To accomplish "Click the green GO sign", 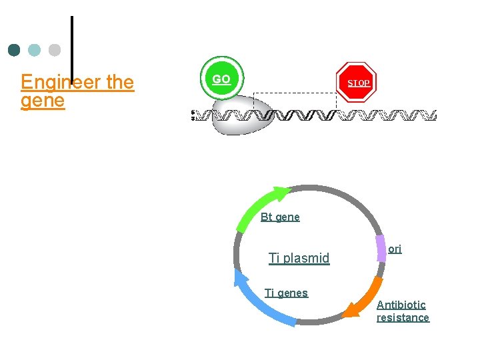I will point(221,79).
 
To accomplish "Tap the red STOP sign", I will point(357,83).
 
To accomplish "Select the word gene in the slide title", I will point(43,101).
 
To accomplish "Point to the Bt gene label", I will point(280,217).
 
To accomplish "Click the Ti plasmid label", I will point(299,258).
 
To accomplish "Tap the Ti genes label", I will point(286,293).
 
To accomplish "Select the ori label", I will point(395,249).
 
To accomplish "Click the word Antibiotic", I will point(401,305).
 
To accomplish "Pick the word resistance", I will point(403,317).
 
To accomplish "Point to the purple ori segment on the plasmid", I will point(380,247).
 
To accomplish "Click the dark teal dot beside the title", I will point(15,50).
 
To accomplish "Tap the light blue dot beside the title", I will point(35,50).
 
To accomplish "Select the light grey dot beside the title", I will point(55,50).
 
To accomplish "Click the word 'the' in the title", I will point(120,82).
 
